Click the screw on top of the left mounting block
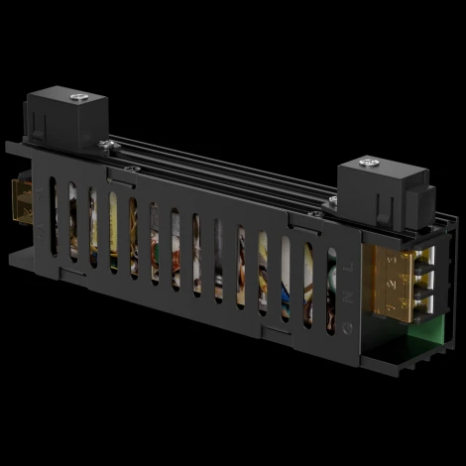tap(78, 97)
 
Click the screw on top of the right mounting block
tap(369, 162)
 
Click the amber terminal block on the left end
tap(20, 202)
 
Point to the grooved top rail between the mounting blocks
tap(218, 159)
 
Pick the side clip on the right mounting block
tap(416, 198)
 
